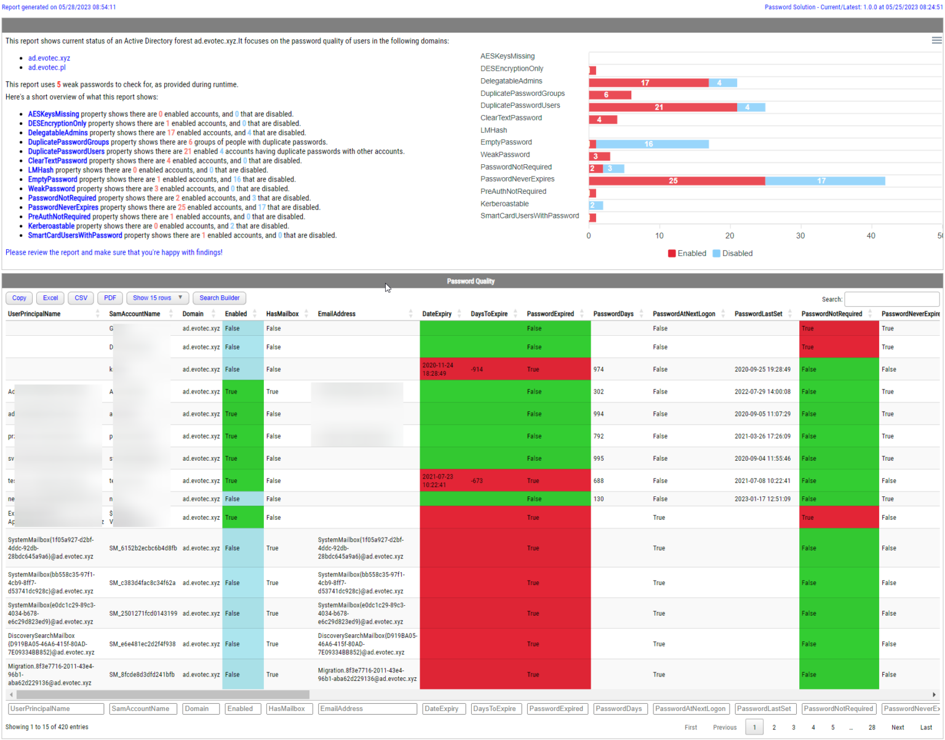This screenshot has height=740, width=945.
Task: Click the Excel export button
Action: [x=50, y=298]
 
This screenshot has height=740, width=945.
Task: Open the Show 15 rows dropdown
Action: [x=157, y=298]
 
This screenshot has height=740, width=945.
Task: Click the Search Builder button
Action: [x=219, y=298]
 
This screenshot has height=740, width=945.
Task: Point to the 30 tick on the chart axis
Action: [x=800, y=236]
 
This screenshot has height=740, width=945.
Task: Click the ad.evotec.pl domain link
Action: [x=47, y=68]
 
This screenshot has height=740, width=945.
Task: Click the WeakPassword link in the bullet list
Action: [x=51, y=189]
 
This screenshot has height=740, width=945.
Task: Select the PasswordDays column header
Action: [x=613, y=314]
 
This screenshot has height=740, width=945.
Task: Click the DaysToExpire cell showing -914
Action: [x=477, y=370]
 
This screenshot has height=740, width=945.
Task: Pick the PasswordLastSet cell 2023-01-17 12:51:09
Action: [x=762, y=499]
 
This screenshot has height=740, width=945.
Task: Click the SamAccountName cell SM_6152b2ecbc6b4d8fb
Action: [x=143, y=548]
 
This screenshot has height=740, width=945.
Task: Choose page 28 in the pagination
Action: [x=872, y=727]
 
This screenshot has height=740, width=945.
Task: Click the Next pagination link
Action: [x=898, y=727]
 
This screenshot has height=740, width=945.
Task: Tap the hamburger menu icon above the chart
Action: [x=936, y=40]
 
